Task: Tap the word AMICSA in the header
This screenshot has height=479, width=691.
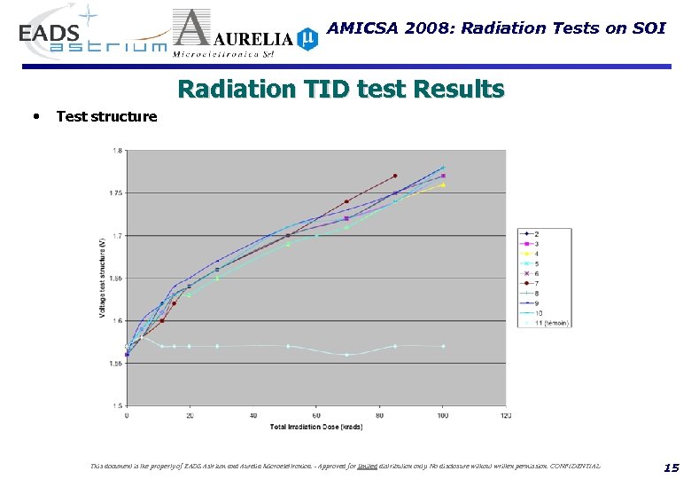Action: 362,27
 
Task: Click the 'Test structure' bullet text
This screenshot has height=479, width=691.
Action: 106,116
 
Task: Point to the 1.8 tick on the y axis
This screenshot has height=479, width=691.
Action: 117,151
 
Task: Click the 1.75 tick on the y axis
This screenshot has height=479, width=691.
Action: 116,192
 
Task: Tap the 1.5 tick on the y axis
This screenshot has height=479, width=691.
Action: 118,405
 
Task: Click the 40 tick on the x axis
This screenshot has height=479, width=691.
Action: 253,414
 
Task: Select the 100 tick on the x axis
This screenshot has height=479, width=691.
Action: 443,414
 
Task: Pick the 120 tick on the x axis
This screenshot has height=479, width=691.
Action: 506,414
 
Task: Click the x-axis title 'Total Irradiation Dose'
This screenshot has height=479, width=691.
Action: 315,427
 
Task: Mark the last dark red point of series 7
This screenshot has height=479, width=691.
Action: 395,176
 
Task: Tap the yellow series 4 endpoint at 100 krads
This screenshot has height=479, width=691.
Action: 443,185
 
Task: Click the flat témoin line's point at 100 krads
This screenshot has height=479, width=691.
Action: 443,346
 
